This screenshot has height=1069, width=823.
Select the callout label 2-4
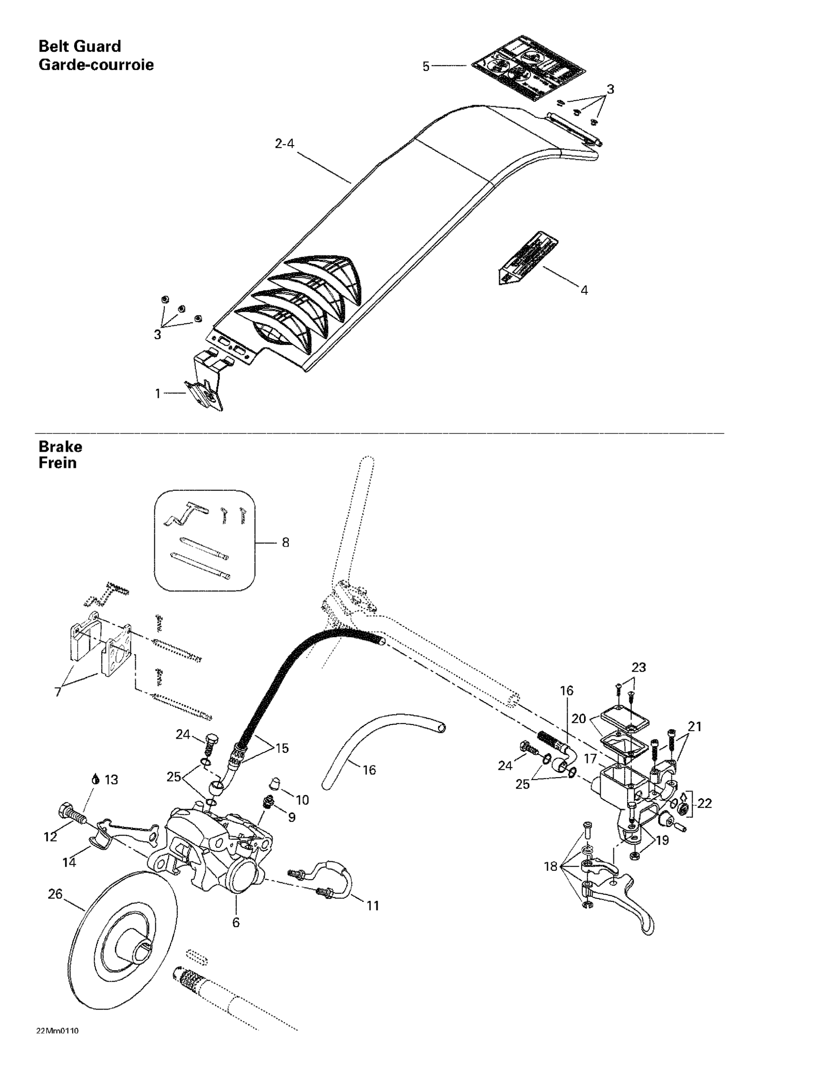[284, 144]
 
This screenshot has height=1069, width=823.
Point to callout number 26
[55, 894]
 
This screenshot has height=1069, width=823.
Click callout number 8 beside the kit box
[285, 542]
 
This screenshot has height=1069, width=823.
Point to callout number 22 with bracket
[704, 803]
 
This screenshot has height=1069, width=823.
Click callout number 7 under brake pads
[58, 692]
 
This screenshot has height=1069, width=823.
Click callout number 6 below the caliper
[236, 922]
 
